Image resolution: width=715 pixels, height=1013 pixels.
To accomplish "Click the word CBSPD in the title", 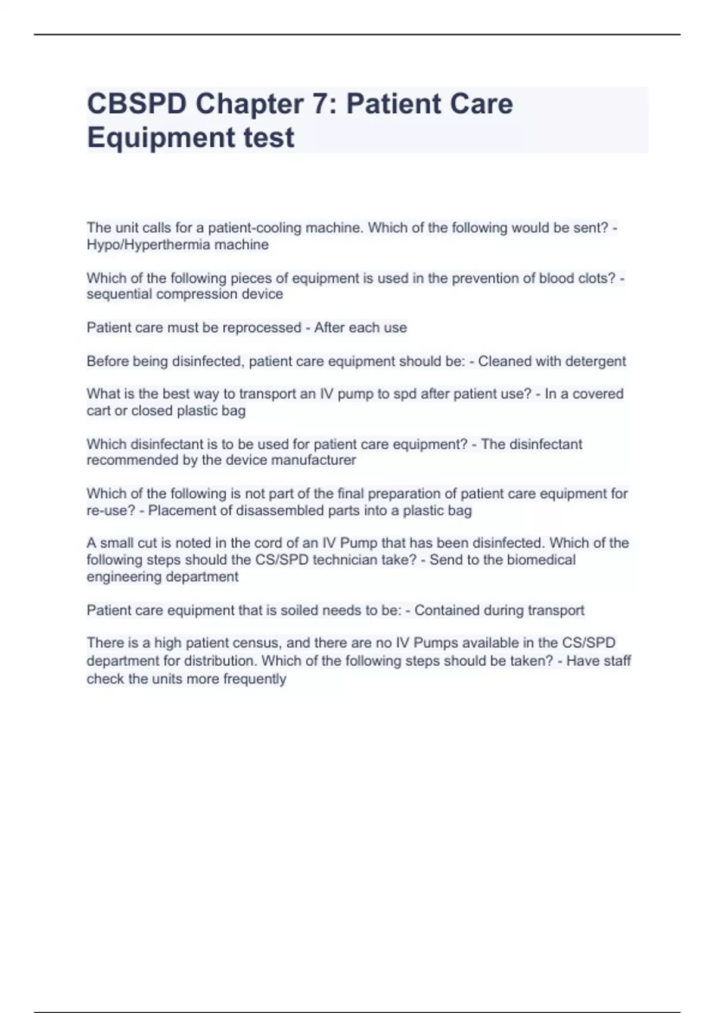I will pos(136,104).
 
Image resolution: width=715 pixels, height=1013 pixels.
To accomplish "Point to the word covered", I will pos(593,394).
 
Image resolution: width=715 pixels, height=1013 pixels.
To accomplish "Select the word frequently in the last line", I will pos(254,679).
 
